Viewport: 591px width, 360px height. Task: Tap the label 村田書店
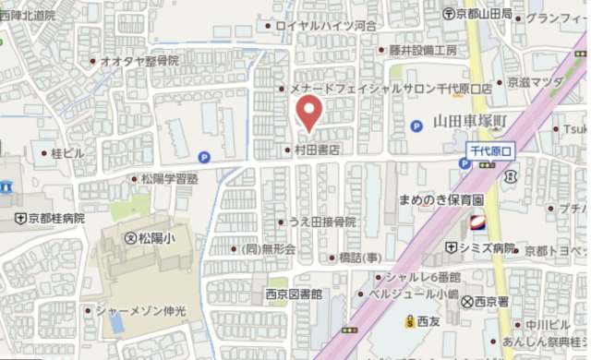(x=319, y=149)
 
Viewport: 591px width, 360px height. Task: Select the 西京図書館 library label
(x=294, y=294)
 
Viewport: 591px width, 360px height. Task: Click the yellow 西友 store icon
(x=409, y=321)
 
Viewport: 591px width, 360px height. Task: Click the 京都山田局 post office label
(x=484, y=14)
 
